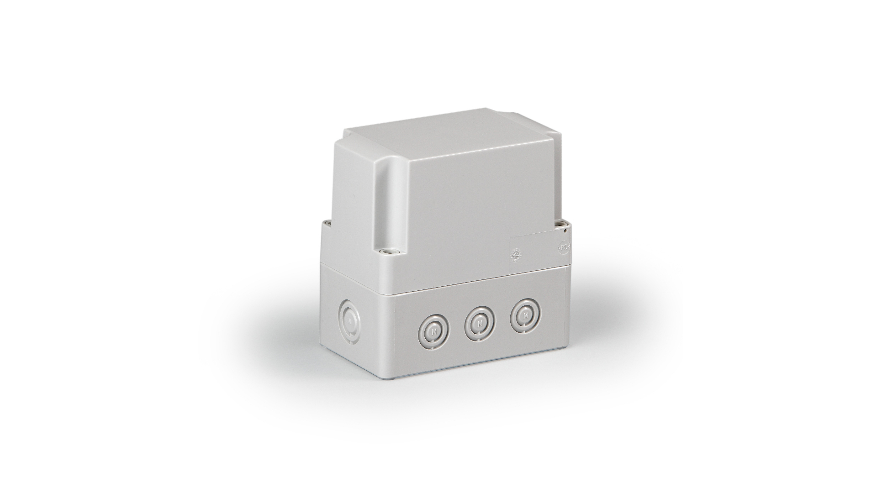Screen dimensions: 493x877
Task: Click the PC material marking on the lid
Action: tap(563, 248)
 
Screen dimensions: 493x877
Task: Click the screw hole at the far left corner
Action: tap(326, 223)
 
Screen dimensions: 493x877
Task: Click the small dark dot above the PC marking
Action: tap(566, 231)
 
